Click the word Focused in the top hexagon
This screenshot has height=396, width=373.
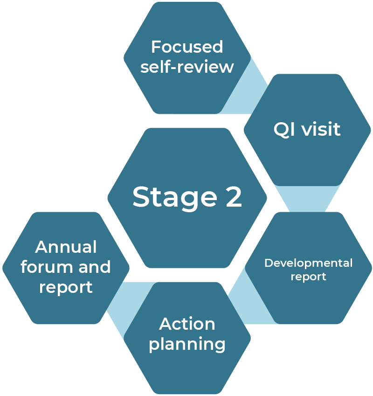(x=187, y=47)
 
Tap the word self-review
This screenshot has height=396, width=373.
(x=187, y=67)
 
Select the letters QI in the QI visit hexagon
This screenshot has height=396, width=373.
(x=284, y=129)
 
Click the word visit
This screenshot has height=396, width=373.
(x=321, y=129)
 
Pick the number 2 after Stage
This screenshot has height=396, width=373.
(x=233, y=197)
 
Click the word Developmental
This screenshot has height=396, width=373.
(x=308, y=263)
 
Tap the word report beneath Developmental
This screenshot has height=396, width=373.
(x=308, y=277)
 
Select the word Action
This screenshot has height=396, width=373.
(x=187, y=324)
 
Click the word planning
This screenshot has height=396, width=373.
(x=187, y=345)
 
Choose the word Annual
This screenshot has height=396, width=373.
(x=66, y=247)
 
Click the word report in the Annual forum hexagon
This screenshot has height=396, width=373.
(x=66, y=287)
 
